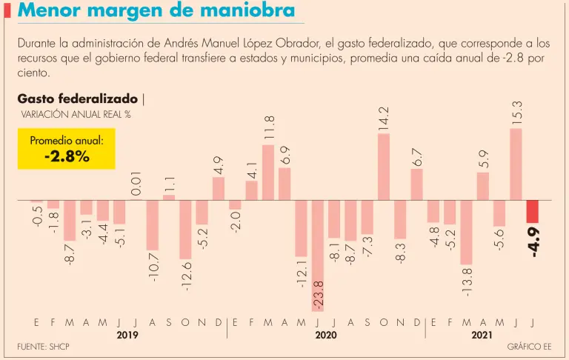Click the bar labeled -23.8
318,256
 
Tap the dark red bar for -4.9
532,212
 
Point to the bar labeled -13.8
466,233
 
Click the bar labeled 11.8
268,173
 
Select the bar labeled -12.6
185,230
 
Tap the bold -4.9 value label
533,242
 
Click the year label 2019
127,336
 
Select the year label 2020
326,336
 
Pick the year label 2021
482,336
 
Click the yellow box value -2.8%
67,156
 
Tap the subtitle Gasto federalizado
77,98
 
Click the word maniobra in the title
239,11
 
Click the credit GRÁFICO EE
529,347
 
